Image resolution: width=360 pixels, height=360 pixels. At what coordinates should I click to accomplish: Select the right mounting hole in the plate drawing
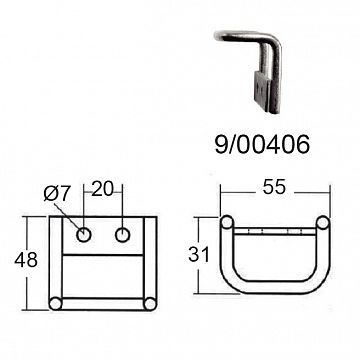[124, 236]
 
